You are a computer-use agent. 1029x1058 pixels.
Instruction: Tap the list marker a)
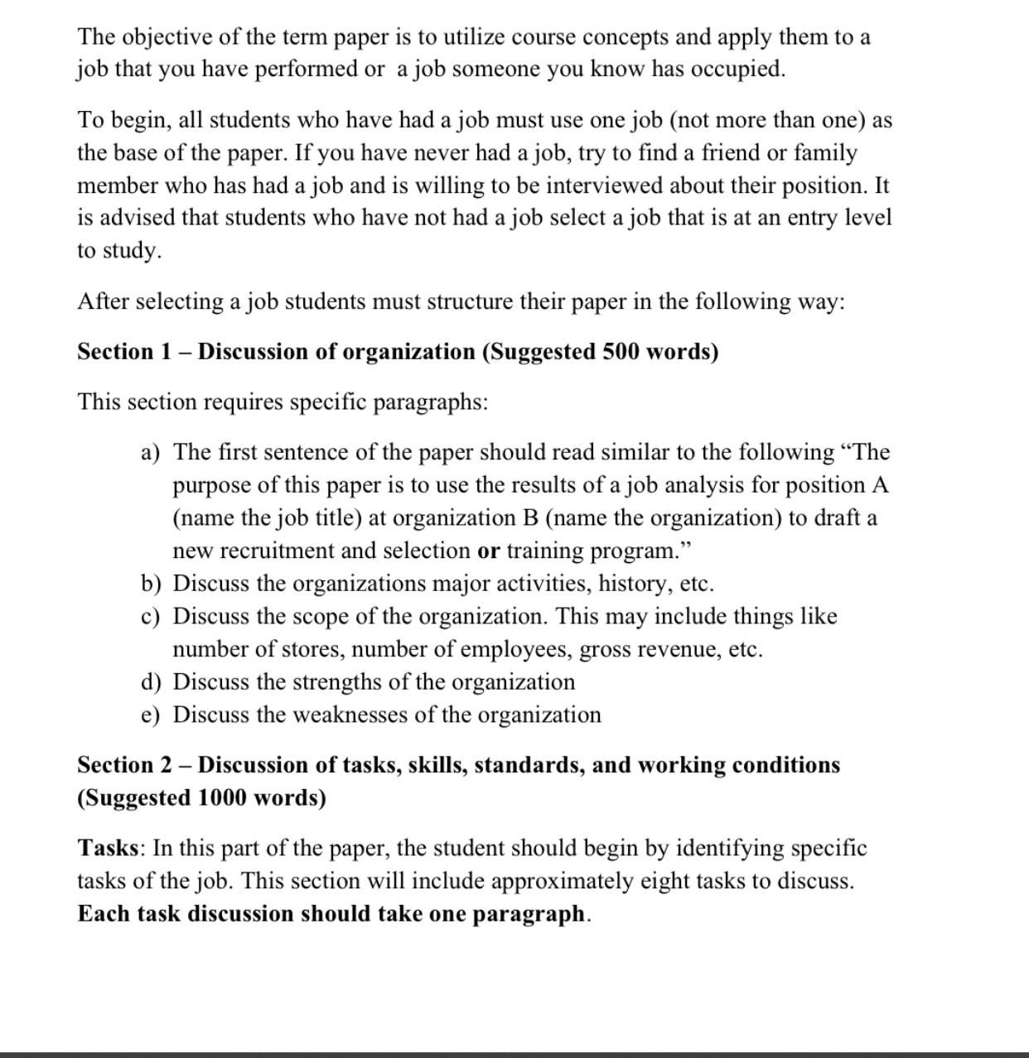coord(151,453)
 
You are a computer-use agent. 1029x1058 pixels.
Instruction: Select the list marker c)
coord(151,617)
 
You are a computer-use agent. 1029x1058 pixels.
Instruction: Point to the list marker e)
coord(151,715)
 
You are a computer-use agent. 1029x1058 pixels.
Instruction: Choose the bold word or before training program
coord(489,551)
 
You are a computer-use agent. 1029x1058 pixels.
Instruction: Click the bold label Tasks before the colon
coord(108,849)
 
